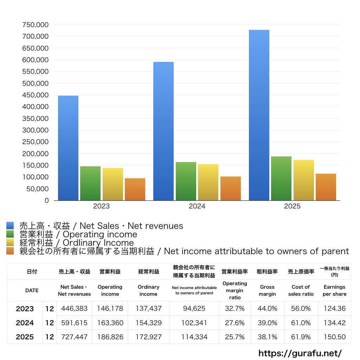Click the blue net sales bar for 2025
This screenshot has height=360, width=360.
(259, 115)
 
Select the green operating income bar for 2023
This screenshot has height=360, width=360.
(90, 183)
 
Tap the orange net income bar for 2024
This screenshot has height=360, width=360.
(231, 188)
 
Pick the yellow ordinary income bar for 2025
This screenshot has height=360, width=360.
(303, 180)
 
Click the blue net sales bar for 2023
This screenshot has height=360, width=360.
(68, 148)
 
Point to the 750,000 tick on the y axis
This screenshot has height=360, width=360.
(36, 25)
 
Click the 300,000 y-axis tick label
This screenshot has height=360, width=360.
(36, 130)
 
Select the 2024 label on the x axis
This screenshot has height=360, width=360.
(197, 206)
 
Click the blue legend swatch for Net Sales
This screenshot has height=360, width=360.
(10, 225)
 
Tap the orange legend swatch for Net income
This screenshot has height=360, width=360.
(10, 251)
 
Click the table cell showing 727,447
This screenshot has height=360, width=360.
(75, 337)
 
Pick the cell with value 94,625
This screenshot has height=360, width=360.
(194, 308)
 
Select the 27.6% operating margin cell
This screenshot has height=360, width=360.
(234, 323)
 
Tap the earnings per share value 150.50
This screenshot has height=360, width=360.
(335, 337)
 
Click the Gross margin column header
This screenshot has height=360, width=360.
(267, 290)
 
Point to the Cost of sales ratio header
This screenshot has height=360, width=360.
(301, 290)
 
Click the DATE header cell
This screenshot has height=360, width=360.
(32, 290)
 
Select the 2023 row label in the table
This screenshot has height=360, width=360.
(25, 309)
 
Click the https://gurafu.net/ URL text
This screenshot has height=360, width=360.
(300, 353)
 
